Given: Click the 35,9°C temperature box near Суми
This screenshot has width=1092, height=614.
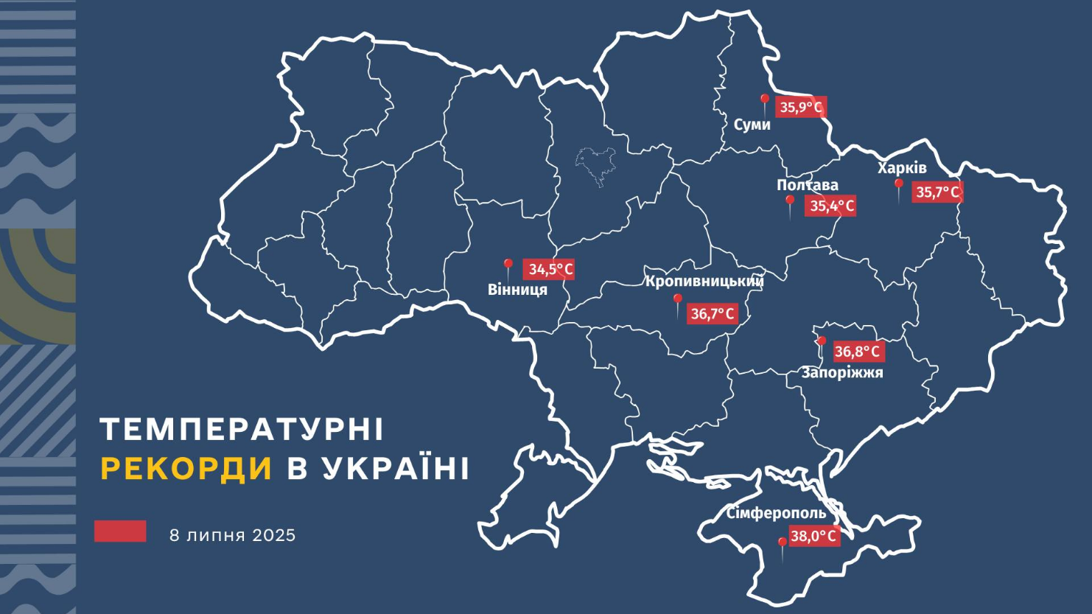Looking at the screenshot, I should [x=801, y=108].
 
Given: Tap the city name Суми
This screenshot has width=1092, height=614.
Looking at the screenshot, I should [x=752, y=125].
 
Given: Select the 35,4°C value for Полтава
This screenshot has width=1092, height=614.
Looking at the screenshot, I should [x=831, y=206].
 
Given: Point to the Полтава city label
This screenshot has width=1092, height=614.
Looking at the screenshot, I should [x=807, y=185].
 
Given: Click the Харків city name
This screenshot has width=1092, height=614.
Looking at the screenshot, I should [x=901, y=168].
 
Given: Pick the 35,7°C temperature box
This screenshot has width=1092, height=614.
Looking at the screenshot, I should [x=937, y=192].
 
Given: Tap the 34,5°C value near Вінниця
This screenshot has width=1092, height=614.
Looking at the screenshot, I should [x=549, y=269].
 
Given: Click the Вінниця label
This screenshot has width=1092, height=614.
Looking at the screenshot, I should [x=517, y=290].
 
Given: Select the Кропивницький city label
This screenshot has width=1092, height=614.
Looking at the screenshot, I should [x=704, y=281].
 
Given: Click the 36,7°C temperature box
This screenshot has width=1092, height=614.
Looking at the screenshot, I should [x=712, y=314].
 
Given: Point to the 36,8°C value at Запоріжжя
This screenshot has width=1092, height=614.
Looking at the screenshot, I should [x=858, y=352].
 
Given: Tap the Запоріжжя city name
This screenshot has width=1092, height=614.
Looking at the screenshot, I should [x=842, y=373].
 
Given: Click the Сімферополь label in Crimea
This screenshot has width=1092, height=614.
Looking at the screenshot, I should [x=776, y=513].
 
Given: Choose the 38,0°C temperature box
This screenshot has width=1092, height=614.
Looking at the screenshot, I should [x=813, y=536].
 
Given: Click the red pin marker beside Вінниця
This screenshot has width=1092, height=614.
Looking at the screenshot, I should [x=508, y=265].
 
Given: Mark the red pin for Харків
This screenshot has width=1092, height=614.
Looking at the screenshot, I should [x=898, y=185].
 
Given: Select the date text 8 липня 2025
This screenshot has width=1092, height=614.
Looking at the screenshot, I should [x=232, y=535].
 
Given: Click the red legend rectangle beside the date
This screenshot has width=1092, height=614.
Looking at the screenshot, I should [x=120, y=531].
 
